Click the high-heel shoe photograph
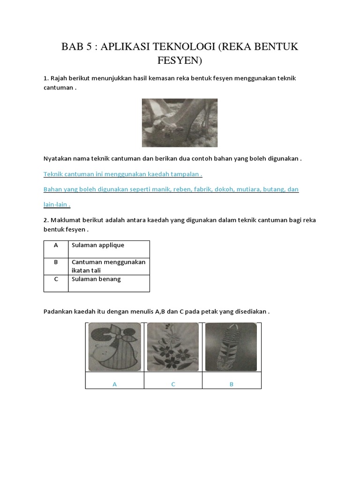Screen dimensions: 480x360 pyautogui.click(x=180, y=123)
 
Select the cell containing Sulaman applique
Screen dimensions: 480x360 pyautogui.click(x=109, y=249)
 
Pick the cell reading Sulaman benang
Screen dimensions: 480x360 pyautogui.click(x=109, y=283)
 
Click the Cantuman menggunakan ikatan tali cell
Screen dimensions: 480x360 pyautogui.click(x=109, y=266)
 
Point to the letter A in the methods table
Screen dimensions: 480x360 pyautogui.click(x=56, y=245)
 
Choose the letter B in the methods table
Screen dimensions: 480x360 pyautogui.click(x=56, y=262)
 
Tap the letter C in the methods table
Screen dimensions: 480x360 pyautogui.click(x=56, y=279)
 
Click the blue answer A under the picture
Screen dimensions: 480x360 pyautogui.click(x=114, y=384)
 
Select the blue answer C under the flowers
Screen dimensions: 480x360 pyautogui.click(x=173, y=384)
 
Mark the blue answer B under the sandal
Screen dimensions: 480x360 pyautogui.click(x=232, y=384)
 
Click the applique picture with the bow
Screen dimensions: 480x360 pyautogui.click(x=114, y=347)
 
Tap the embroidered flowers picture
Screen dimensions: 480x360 pyautogui.click(x=173, y=347)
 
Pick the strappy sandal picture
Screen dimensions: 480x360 pyautogui.click(x=231, y=347)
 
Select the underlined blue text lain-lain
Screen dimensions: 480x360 pyautogui.click(x=56, y=204)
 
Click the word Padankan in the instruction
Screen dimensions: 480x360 pyautogui.click(x=59, y=312)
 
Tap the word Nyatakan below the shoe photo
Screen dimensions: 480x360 pyautogui.click(x=59, y=158)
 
